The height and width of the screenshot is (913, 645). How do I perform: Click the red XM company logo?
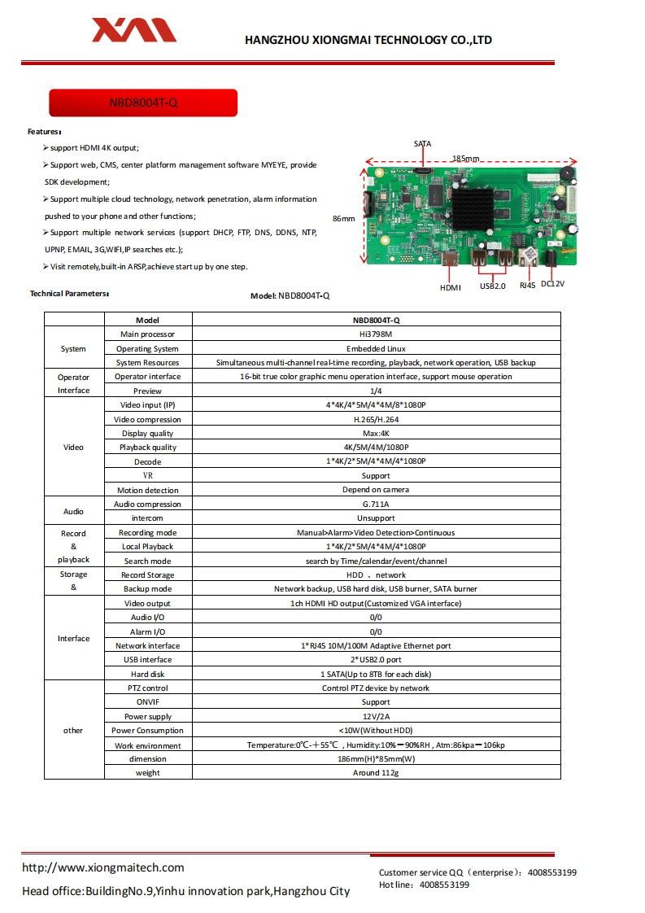pyautogui.click(x=133, y=31)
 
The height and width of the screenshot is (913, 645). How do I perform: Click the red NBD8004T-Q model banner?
pyautogui.click(x=143, y=103)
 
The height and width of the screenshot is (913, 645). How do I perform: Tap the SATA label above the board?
pyautogui.click(x=422, y=144)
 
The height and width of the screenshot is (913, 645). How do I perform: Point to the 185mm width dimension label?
pyautogui.click(x=466, y=158)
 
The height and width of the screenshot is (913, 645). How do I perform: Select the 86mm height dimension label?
pyautogui.click(x=344, y=218)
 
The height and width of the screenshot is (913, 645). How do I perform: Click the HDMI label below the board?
pyautogui.click(x=450, y=287)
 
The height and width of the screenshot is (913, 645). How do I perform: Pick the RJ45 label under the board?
pyautogui.click(x=527, y=286)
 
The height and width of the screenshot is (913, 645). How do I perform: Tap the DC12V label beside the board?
pyautogui.click(x=552, y=283)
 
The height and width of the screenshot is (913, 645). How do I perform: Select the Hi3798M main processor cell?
pyautogui.click(x=376, y=334)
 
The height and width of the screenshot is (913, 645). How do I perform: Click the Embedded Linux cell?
pyautogui.click(x=376, y=348)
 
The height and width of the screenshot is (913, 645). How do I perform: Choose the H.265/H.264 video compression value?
pyautogui.click(x=376, y=419)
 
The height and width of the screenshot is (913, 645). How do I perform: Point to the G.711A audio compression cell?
pyautogui.click(x=376, y=504)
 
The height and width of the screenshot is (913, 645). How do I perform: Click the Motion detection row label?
pyautogui.click(x=147, y=490)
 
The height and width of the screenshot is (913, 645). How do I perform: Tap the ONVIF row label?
pyautogui.click(x=147, y=701)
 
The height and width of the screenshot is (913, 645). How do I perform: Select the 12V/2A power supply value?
pyautogui.click(x=376, y=716)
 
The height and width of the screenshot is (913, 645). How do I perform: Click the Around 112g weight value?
pyautogui.click(x=376, y=772)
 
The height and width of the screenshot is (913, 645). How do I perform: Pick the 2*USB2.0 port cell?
pyautogui.click(x=376, y=659)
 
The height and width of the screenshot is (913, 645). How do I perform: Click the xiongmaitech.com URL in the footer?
pyautogui.click(x=102, y=867)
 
